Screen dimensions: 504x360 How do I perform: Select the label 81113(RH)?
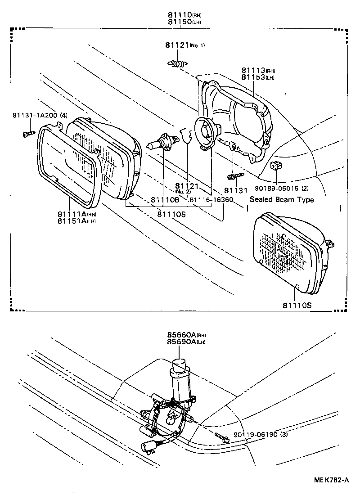coord(258,71)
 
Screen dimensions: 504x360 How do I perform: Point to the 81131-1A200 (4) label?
coord(40,116)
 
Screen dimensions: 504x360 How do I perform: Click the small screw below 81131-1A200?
coord(27,134)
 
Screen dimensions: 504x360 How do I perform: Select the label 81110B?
coord(165,199)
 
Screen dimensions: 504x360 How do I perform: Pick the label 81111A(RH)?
coord(77,214)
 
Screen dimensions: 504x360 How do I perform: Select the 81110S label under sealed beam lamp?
coord(297,306)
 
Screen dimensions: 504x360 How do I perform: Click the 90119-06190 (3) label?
coord(260,435)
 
